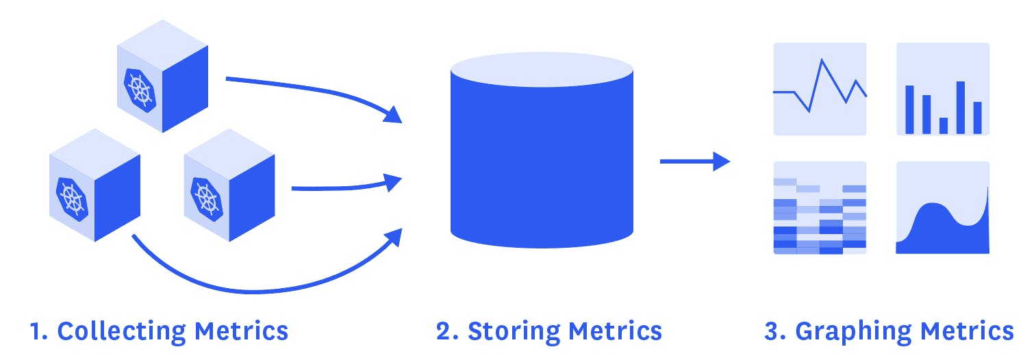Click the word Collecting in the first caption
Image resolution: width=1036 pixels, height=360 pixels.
tap(121, 331)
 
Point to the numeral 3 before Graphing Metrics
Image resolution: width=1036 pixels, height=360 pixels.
tap(772, 331)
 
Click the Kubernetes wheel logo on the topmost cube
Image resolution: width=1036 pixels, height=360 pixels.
tap(139, 89)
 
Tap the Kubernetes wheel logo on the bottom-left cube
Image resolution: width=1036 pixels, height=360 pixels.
tap(72, 198)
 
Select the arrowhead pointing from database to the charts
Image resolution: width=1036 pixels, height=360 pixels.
tap(722, 162)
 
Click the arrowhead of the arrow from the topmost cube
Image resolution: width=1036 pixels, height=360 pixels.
tap(392, 114)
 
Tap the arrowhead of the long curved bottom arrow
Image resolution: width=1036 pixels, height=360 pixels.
tap(393, 237)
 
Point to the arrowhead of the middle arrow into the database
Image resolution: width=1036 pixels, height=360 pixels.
tap(393, 182)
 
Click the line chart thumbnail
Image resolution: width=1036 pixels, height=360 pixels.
tap(820, 89)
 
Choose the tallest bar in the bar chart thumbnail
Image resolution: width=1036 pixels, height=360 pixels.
tap(960, 107)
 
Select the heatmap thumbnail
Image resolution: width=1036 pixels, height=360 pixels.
tap(820, 208)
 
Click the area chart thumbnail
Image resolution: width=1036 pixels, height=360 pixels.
tap(943, 208)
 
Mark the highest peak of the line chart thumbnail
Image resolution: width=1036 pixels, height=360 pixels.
tap(822, 60)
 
